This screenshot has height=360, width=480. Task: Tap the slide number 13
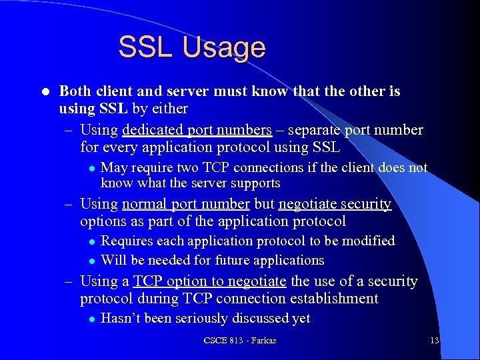(x=434, y=341)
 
